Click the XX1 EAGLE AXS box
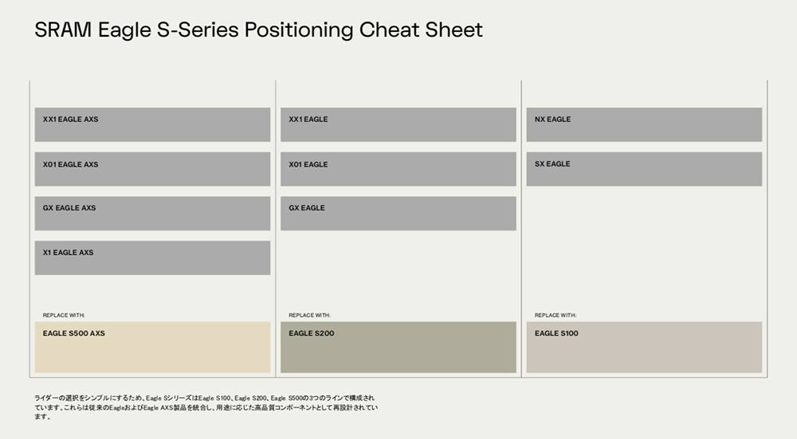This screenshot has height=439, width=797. pos(152,124)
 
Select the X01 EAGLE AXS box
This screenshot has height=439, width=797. pos(152,169)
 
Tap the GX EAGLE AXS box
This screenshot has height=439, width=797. pos(152,214)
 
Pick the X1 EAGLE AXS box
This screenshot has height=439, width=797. pos(152,258)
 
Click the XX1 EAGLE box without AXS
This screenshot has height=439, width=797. pos(398,124)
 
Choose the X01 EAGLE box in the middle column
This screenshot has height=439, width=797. pos(398,169)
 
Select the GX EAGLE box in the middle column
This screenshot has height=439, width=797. pos(398,214)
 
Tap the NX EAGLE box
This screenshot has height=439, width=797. pos(644,124)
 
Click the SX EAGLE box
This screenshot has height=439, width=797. pos(644,169)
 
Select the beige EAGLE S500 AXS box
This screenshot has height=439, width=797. pos(152,347)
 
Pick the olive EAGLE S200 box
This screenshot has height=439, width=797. pos(398,347)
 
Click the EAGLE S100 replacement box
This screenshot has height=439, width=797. pos(644,347)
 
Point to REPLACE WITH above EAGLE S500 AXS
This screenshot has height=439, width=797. pos(64,316)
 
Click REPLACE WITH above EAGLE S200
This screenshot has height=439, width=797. pos(309,316)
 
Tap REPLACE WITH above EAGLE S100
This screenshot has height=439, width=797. pos(556,316)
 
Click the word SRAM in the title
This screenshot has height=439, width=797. pos(63,30)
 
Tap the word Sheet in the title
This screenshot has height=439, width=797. pos(454,30)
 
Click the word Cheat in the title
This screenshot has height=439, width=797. pos(389,30)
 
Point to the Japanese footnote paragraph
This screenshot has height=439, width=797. pos(206,407)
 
